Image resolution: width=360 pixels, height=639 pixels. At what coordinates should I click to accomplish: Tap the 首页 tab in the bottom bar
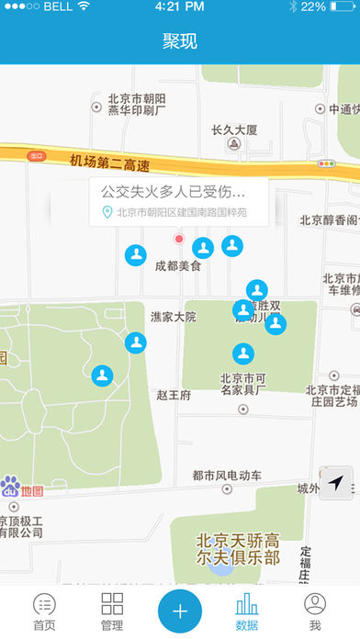(x=44, y=611)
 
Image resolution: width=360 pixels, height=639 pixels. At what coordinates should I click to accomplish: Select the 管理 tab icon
(x=112, y=611)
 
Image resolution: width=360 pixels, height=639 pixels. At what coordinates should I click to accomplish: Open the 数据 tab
(x=247, y=611)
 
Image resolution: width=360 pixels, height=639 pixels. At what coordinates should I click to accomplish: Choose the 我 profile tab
(x=315, y=611)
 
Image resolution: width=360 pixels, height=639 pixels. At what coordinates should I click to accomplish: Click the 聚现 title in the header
(x=180, y=42)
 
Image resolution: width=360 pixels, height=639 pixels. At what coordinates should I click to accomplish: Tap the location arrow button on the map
(x=337, y=483)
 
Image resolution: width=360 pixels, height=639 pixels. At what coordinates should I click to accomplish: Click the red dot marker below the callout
(x=180, y=239)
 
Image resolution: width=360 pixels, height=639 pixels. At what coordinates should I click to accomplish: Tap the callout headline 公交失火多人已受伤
(x=174, y=192)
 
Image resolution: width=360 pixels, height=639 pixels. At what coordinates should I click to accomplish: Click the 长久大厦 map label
(x=234, y=129)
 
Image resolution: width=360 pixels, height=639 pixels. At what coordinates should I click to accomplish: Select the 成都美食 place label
(x=177, y=265)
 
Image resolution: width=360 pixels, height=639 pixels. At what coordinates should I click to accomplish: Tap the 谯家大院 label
(x=174, y=317)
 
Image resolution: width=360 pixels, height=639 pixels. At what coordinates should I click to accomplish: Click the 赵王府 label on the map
(x=173, y=396)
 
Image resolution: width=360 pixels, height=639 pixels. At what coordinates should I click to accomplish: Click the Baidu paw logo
(x=11, y=487)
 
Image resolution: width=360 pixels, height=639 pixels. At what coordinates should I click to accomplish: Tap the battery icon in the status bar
(x=343, y=6)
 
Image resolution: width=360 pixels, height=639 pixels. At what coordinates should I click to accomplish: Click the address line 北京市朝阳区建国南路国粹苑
(x=181, y=213)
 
